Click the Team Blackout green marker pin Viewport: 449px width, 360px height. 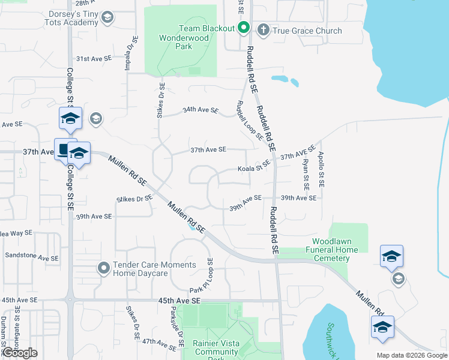[244, 28]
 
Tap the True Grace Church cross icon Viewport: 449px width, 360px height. [263, 30]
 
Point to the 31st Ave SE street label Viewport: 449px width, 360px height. [94, 59]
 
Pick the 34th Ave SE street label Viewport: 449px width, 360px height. [200, 110]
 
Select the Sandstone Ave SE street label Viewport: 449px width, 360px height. [31, 256]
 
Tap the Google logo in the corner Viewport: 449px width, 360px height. [20, 353]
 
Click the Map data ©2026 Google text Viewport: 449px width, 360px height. [411, 355]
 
